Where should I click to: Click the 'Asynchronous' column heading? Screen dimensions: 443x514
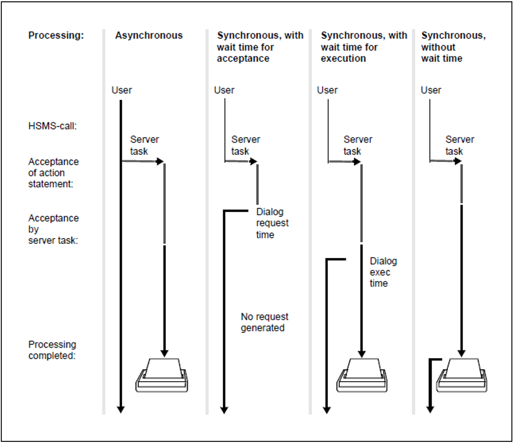point(149,36)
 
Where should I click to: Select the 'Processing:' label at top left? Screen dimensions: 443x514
point(56,36)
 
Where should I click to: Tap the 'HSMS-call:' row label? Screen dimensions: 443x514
point(52,126)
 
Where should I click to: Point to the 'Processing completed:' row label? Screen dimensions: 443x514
point(52,350)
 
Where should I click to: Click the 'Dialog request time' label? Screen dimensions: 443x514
point(272,223)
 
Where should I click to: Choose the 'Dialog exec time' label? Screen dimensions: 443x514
point(383,272)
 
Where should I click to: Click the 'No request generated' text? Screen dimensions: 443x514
point(264,322)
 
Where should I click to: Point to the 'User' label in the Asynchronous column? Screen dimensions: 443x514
point(121,90)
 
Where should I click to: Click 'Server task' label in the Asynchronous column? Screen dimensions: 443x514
point(144,145)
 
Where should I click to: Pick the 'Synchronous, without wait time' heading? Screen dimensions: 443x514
point(453,47)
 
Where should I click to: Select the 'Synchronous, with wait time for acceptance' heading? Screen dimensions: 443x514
point(260,47)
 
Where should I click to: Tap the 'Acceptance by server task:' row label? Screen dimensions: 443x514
point(53,229)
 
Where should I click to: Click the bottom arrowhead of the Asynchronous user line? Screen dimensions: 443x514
point(121,410)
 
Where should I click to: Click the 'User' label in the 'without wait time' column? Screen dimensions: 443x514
point(431,90)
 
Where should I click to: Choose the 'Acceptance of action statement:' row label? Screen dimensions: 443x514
point(53,173)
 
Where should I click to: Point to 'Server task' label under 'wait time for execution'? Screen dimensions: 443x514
point(358,145)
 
